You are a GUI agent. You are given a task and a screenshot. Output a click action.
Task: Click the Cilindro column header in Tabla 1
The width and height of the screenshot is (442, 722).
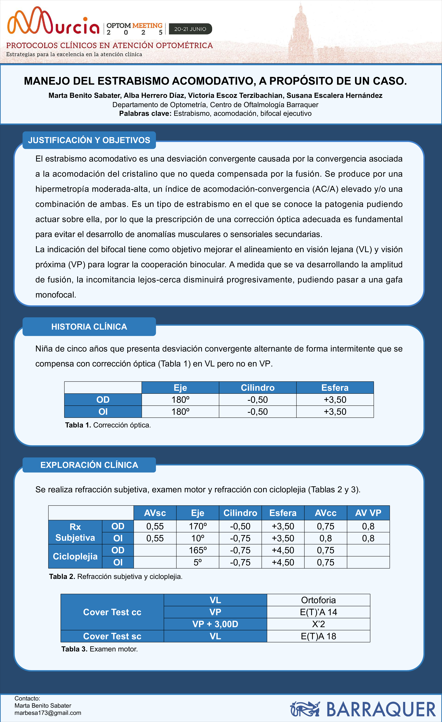point(258,388)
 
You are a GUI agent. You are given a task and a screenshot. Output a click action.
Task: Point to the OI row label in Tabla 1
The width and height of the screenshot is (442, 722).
point(103,412)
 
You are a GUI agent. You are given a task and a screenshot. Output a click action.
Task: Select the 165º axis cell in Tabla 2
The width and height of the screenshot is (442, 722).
point(198,550)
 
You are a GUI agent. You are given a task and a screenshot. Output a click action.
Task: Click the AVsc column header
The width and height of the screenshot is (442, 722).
point(155,513)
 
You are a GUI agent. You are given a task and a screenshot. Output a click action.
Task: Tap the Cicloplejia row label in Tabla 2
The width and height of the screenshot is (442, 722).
point(75,556)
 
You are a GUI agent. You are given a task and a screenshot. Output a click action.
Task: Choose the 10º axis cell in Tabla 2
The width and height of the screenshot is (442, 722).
point(198,538)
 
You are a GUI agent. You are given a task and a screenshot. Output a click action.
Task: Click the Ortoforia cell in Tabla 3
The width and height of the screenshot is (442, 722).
point(318,600)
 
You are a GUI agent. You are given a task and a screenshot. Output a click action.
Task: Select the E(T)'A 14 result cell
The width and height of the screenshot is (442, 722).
point(318,612)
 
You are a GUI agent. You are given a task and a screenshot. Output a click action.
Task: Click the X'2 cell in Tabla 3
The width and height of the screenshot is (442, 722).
point(318,624)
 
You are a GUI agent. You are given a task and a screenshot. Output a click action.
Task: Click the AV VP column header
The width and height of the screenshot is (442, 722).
point(368,513)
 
